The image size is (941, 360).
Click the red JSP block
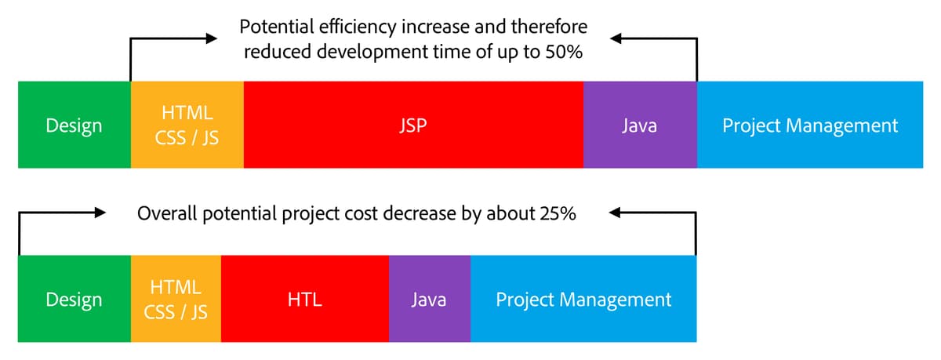coord(413,125)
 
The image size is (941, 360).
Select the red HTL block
coord(304,299)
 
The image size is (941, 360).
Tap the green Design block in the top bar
coord(74,125)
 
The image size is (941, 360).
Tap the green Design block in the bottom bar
coord(74,299)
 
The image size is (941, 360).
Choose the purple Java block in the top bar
coord(639,125)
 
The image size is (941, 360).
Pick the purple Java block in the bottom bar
coord(429,299)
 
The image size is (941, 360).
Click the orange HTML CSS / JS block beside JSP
coord(187,125)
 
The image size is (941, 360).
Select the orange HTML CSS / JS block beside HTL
coord(176,299)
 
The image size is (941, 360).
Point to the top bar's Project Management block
coord(810,125)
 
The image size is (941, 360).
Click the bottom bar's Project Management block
coord(583,299)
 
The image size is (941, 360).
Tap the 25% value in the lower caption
coord(558,213)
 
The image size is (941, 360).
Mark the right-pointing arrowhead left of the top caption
coord(209,38)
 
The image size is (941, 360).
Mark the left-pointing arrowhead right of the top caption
coord(619,38)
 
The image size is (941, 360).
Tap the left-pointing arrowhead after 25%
coord(616,212)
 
